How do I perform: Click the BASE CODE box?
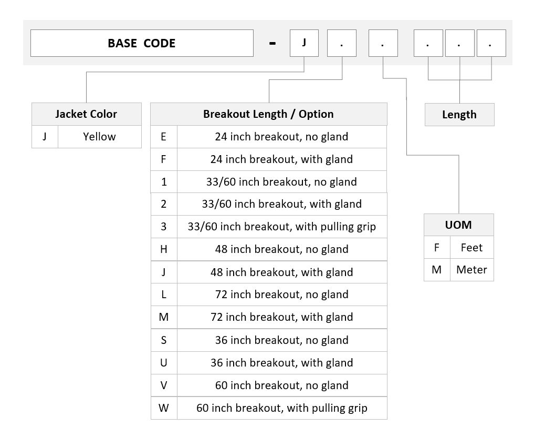(x=142, y=43)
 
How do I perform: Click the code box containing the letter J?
(x=304, y=43)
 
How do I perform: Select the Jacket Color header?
(x=87, y=114)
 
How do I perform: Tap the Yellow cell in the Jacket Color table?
(x=99, y=137)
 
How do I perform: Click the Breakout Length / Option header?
(x=269, y=114)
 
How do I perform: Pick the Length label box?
(x=459, y=115)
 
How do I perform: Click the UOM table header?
(x=459, y=225)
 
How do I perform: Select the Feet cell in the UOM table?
(x=471, y=248)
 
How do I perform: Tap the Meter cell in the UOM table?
(x=471, y=270)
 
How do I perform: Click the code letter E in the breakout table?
(x=164, y=137)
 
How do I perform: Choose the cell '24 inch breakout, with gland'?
(x=282, y=159)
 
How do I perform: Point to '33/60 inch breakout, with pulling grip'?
(x=282, y=227)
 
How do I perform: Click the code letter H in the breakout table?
(x=164, y=249)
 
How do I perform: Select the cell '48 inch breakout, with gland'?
(x=282, y=272)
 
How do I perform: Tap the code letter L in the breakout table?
(x=164, y=294)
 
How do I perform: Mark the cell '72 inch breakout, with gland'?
(x=282, y=317)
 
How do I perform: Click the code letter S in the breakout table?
(x=164, y=340)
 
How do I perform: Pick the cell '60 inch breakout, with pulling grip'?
(x=282, y=408)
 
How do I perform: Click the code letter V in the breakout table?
(x=164, y=385)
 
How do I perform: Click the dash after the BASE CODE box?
(x=272, y=44)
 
